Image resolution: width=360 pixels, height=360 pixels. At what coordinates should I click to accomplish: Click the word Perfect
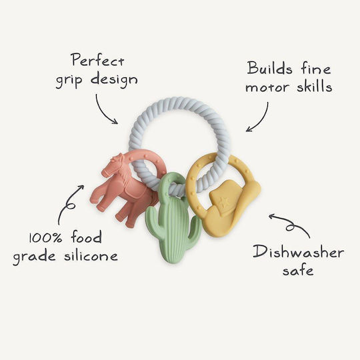tap(98, 59)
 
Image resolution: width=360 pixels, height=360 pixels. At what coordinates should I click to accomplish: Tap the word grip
tap(69, 81)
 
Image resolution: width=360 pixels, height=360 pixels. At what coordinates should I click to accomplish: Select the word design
tap(114, 79)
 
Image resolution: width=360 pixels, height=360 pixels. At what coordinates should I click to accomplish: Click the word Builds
tap(270, 68)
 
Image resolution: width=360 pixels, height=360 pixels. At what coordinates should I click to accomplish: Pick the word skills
tap(314, 85)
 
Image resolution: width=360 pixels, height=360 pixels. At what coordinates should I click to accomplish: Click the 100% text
tap(46, 237)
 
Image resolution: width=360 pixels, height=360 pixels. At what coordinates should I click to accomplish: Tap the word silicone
tap(91, 255)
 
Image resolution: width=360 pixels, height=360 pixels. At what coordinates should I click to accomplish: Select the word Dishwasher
tap(298, 252)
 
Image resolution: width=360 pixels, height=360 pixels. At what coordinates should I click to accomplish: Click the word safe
tap(298, 270)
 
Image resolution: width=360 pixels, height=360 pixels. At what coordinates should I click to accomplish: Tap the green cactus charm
tap(173, 217)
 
